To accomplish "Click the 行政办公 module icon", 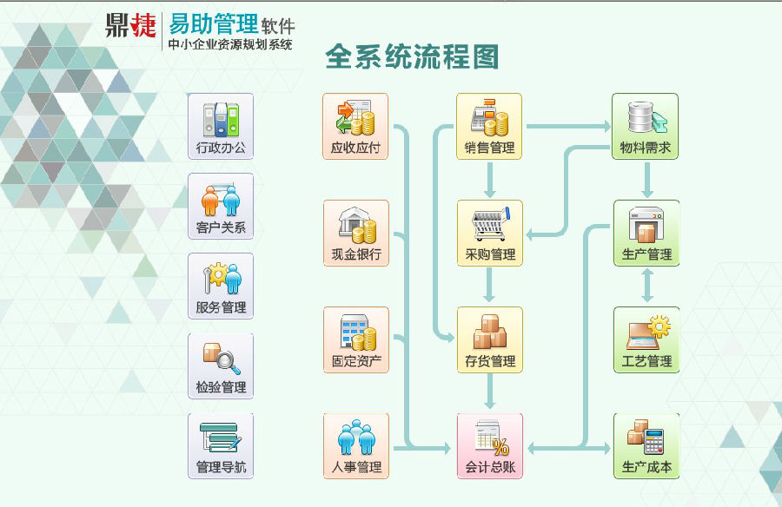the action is (221, 126).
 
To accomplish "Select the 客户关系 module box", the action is (221, 207).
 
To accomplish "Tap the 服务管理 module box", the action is (221, 286).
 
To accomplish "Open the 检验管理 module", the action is (221, 366).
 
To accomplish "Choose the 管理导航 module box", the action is (221, 446).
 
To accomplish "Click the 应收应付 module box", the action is (355, 126).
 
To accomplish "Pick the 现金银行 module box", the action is (356, 233).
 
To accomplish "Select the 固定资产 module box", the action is (356, 339).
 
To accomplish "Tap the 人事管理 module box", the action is (356, 446).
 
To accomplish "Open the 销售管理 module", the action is (489, 126).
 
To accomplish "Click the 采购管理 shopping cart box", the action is (490, 233).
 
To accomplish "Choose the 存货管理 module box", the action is (490, 339).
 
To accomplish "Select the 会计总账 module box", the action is (490, 446).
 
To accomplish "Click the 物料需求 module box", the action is (645, 126).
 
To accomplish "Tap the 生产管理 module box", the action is (646, 233).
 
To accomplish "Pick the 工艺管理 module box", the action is (646, 339).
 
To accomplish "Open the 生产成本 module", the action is (646, 446).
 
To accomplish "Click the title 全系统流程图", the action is (412, 56).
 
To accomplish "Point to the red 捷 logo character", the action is (143, 25).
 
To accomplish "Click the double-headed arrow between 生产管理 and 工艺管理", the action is (646, 286).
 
